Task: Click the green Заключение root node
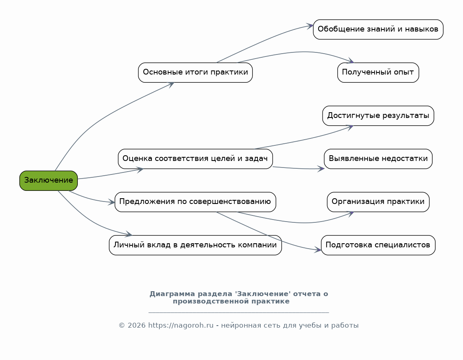(x=48, y=181)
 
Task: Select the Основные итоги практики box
(x=195, y=72)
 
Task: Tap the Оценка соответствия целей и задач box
(x=195, y=159)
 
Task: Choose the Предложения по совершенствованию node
(x=195, y=202)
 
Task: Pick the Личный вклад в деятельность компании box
(x=195, y=245)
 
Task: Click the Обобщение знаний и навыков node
(x=378, y=29)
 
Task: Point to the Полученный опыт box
(x=378, y=72)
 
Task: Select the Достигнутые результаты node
(x=378, y=116)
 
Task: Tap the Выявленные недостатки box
(x=378, y=159)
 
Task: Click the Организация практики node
(x=378, y=202)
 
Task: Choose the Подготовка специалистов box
(x=378, y=245)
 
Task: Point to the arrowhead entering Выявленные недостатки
(x=321, y=169)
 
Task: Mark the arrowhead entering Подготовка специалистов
(x=318, y=250)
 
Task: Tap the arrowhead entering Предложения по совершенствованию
(x=111, y=202)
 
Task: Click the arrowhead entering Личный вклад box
(x=129, y=235)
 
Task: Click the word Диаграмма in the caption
(x=167, y=294)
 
